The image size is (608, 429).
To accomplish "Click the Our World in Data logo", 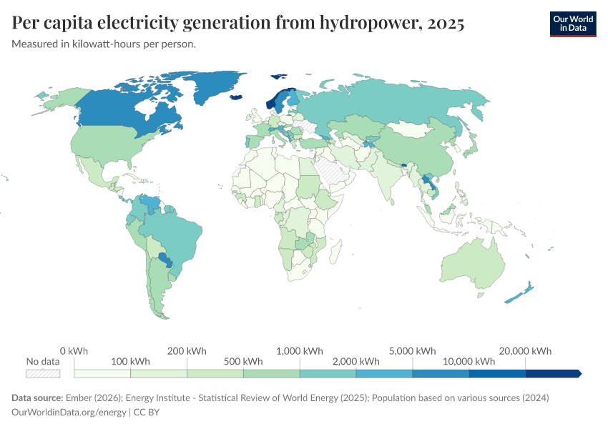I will click(572, 24).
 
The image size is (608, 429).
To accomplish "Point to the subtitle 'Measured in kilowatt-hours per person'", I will click(104, 44).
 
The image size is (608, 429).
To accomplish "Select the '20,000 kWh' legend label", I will click(525, 351).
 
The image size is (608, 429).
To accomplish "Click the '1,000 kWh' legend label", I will click(300, 351).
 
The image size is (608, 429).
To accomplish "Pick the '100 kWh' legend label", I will click(130, 361).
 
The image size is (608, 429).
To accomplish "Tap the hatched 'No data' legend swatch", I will click(43, 373).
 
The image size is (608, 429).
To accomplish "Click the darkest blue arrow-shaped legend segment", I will click(553, 373).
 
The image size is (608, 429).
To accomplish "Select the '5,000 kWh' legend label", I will click(413, 351).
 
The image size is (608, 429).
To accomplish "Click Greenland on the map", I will click(215, 86).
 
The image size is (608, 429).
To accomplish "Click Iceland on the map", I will click(237, 97).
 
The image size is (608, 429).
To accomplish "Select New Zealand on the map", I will click(519, 293).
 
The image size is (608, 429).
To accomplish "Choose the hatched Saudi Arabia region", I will click(330, 172).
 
